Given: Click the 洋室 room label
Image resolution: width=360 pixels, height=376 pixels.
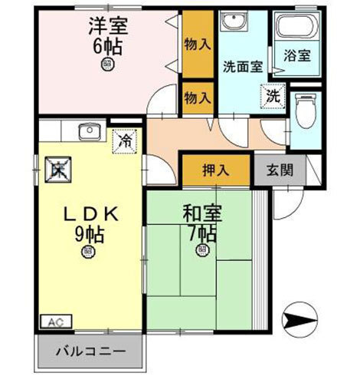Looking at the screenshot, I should coord(106,26).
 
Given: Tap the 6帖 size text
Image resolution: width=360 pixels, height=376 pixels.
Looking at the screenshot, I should coord(106,45).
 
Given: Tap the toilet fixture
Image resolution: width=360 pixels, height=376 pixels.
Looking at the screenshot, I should coord(306,110).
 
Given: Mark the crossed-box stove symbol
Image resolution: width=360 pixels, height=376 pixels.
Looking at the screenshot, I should coord(58,168).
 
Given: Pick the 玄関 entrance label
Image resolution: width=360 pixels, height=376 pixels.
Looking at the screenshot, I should coord(280,170).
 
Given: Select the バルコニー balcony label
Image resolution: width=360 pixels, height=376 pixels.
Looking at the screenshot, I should coord(91,355).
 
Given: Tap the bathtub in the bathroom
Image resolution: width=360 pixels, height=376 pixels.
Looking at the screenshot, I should coord(296,30).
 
